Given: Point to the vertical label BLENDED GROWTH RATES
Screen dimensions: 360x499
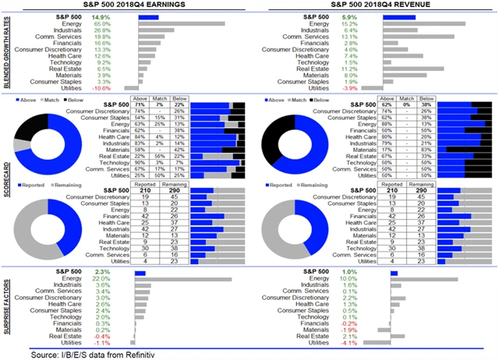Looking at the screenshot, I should click(x=6, y=54).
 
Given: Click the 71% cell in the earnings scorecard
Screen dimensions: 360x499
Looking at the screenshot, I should click(x=141, y=105).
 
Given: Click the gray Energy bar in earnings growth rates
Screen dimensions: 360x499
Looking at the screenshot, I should click(x=183, y=23).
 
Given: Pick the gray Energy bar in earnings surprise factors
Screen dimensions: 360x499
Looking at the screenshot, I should click(x=182, y=279).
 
